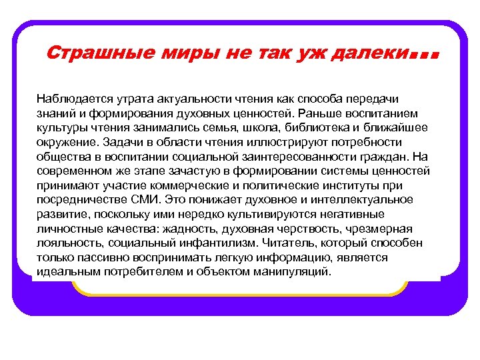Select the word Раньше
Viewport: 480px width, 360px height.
point(321,113)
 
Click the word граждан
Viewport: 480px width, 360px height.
point(389,156)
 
